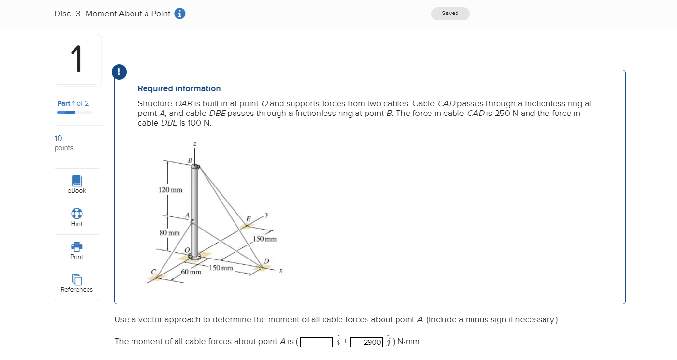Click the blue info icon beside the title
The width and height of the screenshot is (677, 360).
click(179, 14)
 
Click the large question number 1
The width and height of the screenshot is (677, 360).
click(77, 59)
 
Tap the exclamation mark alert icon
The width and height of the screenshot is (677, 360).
click(119, 72)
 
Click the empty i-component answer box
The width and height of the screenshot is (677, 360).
click(316, 342)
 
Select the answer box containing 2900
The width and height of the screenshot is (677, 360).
click(366, 342)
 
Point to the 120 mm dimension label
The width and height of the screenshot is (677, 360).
click(170, 190)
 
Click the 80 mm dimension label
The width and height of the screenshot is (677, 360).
click(169, 233)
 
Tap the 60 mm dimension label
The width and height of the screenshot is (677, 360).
click(191, 272)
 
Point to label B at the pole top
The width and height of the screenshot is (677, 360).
click(190, 160)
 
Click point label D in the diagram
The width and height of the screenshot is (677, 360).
click(266, 261)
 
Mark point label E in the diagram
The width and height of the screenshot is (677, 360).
click(248, 219)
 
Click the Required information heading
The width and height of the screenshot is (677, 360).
click(179, 88)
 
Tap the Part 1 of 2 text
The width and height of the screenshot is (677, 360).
click(73, 103)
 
